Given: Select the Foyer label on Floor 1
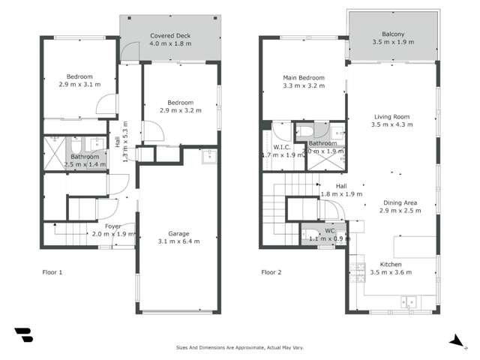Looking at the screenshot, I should (x=112, y=225).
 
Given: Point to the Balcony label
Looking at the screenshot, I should (x=393, y=34).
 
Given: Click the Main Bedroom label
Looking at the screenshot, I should (x=304, y=77).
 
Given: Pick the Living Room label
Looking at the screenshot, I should (x=392, y=116).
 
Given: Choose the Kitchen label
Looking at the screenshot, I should (x=391, y=265).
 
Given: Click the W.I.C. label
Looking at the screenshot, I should (x=282, y=147).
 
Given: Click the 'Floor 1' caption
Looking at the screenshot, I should (x=52, y=272).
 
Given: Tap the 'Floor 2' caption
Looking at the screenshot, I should (x=271, y=272).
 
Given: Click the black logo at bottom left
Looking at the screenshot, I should (x=23, y=334).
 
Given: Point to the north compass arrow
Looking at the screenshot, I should (x=456, y=340).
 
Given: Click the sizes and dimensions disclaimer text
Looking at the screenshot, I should (x=239, y=347).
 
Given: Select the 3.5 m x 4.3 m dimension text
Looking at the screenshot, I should (x=392, y=125).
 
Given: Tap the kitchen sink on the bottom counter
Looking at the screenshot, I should (x=409, y=301).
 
